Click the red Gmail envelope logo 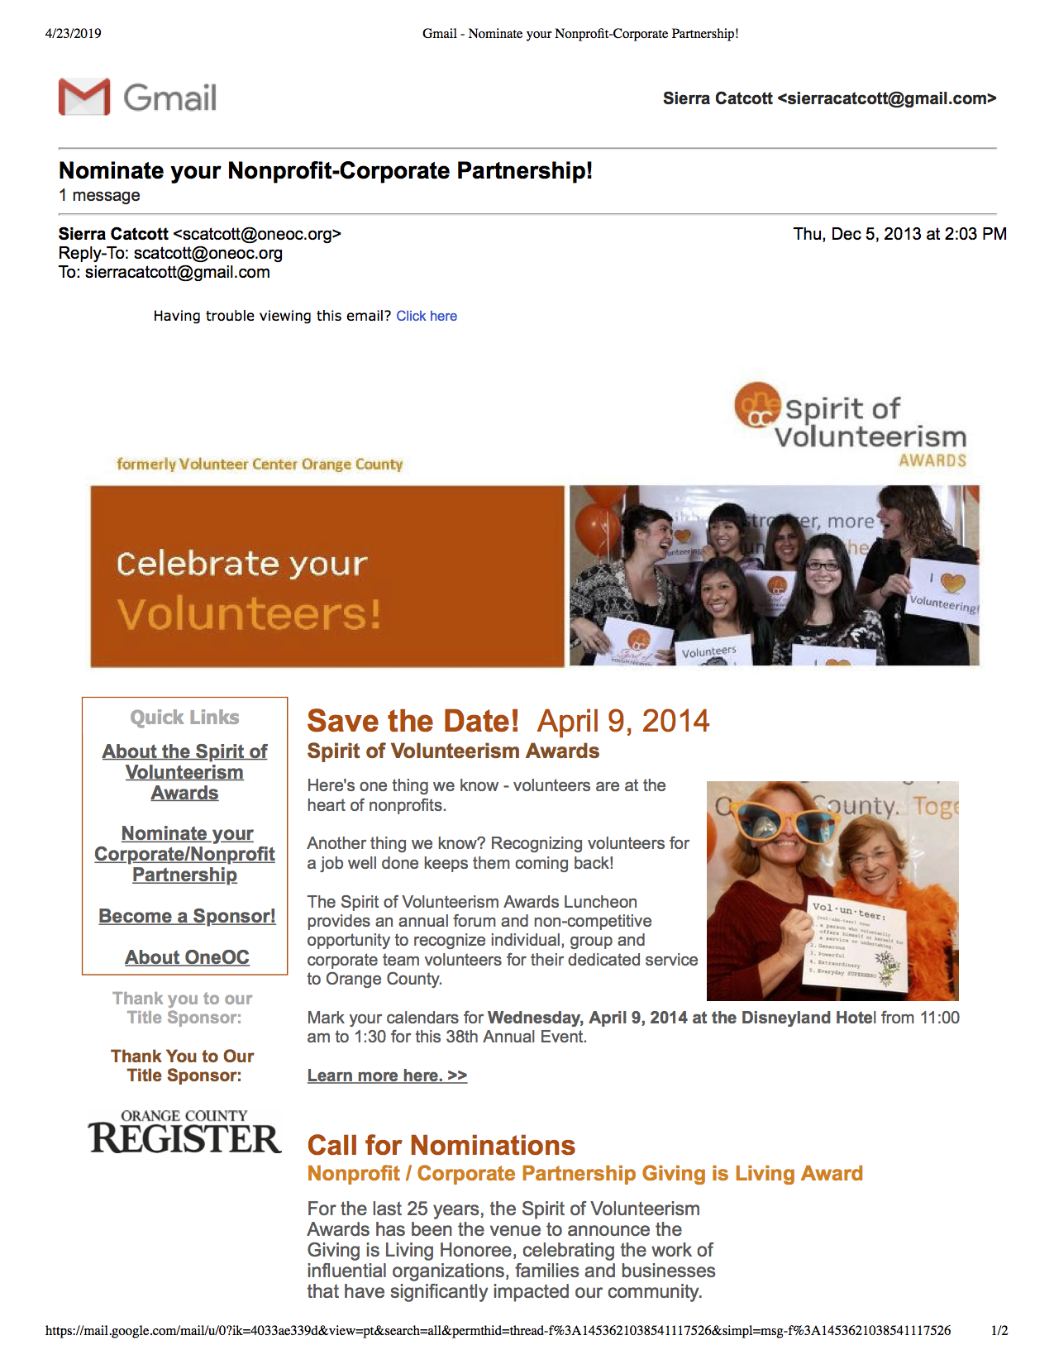(x=84, y=97)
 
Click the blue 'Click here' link (x=427, y=316)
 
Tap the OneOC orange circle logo (x=757, y=405)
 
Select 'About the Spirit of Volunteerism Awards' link (x=184, y=772)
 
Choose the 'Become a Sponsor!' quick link (x=187, y=916)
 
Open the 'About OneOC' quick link (x=187, y=957)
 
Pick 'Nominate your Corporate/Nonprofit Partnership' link (x=184, y=854)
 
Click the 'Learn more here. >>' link (x=387, y=1075)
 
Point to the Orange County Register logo (x=184, y=1133)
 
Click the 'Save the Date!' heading (x=413, y=721)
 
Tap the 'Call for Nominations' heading (x=441, y=1145)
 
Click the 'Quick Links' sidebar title (x=184, y=718)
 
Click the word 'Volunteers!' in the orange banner (x=249, y=614)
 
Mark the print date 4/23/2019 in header (x=74, y=34)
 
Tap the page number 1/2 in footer (x=999, y=1331)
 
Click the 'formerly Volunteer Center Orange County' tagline (x=260, y=464)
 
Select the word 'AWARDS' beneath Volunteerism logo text (x=932, y=460)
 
